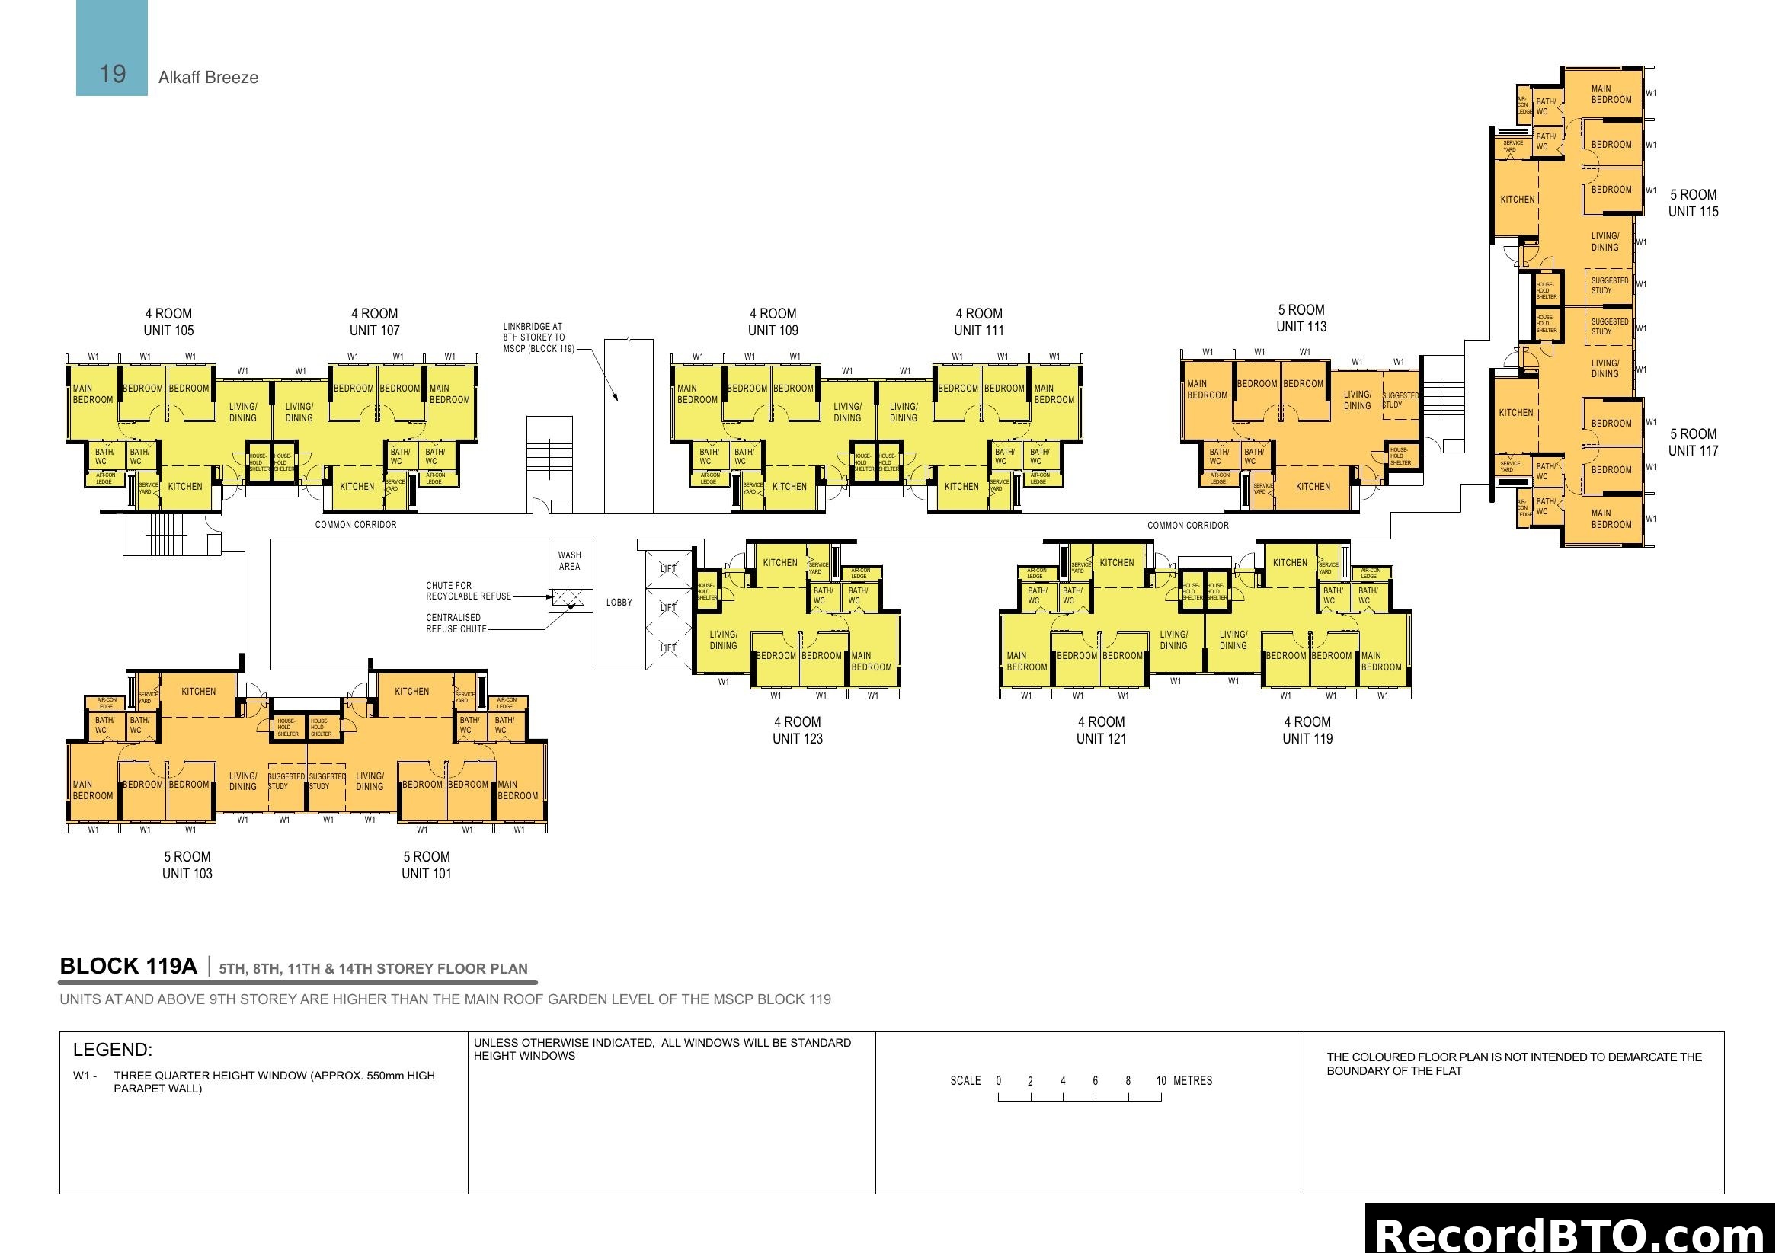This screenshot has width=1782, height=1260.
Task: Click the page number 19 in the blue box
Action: tap(113, 74)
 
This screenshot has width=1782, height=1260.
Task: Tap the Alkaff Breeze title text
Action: tap(208, 78)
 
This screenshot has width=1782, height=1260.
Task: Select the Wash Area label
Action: tap(569, 560)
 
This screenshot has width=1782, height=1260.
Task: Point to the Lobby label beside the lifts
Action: tap(619, 602)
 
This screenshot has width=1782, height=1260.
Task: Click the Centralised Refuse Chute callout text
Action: tap(456, 623)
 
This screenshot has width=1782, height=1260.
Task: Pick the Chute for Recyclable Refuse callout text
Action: tap(468, 590)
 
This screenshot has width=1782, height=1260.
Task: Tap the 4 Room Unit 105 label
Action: tap(168, 322)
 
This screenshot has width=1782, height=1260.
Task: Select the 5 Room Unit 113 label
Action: tap(1301, 318)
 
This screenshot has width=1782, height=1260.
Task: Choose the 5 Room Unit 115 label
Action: tap(1693, 203)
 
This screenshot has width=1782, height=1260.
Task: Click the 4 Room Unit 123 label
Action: tap(797, 730)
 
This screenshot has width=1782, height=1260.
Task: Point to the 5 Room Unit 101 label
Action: tap(426, 865)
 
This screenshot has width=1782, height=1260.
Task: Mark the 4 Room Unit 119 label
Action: tap(1307, 730)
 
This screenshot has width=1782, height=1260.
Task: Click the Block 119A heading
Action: tap(129, 966)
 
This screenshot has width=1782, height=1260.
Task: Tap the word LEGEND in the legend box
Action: tap(113, 1050)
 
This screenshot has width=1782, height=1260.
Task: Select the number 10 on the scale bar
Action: tap(1161, 1081)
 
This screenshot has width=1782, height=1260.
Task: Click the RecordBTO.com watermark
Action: tap(1572, 1233)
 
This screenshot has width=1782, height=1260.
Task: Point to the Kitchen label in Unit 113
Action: tap(1313, 487)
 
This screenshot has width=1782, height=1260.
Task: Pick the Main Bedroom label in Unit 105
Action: tap(92, 394)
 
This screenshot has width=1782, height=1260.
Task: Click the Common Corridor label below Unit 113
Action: tap(1188, 526)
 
